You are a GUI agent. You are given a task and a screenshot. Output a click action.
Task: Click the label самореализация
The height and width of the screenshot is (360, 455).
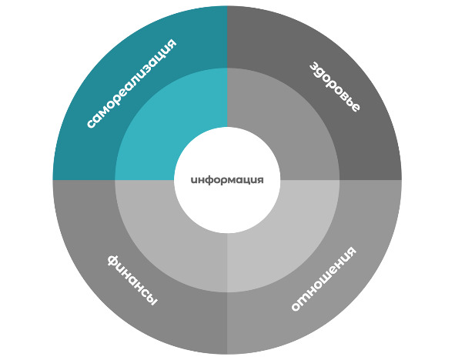132,83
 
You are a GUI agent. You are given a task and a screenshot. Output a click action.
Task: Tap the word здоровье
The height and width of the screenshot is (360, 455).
335,87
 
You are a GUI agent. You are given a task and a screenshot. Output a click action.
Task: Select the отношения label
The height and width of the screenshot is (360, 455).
323,278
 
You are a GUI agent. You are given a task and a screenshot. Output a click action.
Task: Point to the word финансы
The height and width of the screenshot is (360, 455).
132,280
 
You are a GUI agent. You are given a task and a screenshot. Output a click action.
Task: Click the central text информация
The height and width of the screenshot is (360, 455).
227,180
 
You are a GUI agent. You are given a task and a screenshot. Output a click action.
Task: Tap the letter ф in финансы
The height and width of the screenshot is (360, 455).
113,261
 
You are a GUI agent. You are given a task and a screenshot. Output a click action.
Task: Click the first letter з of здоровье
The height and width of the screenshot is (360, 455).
313,67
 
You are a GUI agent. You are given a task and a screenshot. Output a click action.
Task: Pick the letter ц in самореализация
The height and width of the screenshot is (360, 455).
162,54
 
